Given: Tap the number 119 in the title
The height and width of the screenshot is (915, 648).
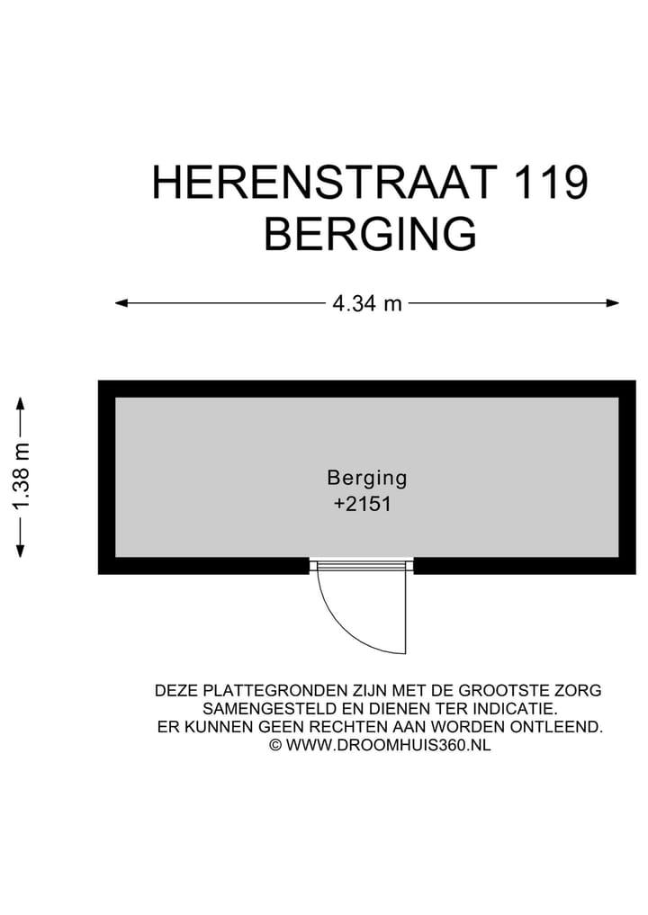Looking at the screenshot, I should pos(551,183).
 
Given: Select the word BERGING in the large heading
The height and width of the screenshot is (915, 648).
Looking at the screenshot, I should pos(370,234).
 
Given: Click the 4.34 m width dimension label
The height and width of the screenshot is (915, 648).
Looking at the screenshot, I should pos(367,303).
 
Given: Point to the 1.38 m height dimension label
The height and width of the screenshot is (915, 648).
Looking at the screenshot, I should pos(22,477).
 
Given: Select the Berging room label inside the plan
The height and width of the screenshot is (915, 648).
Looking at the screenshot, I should pos(367,478).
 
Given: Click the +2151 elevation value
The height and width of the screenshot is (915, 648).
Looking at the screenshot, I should pos(362,505).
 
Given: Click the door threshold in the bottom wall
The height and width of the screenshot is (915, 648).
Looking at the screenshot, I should pos(362,566).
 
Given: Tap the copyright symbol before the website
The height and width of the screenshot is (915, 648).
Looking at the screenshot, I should pos(275,745).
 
